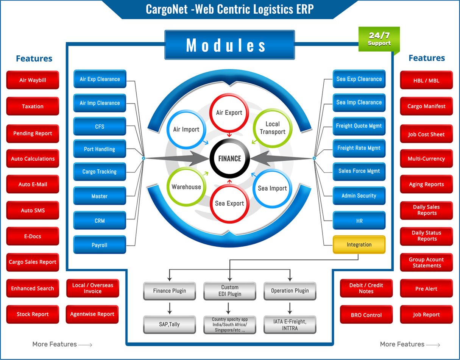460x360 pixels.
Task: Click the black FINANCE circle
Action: coord(229,159)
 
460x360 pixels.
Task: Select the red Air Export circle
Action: coord(229,113)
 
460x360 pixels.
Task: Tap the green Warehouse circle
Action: coord(186,187)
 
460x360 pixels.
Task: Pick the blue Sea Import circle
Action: coord(272,188)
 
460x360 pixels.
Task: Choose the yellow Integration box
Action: coord(359,245)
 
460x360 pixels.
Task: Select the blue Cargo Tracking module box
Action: coord(100,172)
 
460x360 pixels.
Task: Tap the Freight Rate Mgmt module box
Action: coord(359,148)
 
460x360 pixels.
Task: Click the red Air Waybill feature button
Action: coord(33,80)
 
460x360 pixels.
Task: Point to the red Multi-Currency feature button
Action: coord(426,159)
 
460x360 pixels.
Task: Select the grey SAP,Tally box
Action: coord(169,324)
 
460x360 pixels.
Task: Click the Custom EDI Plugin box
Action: coord(229,291)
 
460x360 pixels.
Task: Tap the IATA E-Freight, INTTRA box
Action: coord(290,325)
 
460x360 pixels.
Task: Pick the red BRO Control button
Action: coord(366,315)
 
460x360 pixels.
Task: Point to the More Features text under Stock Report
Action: coord(55,344)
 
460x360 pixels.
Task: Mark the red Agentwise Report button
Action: coord(92,314)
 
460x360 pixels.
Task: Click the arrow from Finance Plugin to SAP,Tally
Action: coord(169,308)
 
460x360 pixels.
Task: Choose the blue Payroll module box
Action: coord(100,245)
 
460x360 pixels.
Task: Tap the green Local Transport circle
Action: coord(273,128)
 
